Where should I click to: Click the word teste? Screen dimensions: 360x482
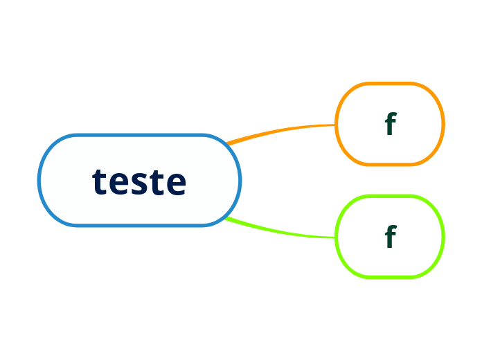point(139,181)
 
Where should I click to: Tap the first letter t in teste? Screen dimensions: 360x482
point(99,182)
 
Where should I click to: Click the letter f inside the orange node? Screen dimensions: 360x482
point(390,124)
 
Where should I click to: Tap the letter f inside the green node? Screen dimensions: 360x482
point(390,237)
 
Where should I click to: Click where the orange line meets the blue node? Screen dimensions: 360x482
point(227,143)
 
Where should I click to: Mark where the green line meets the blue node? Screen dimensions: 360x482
point(226,218)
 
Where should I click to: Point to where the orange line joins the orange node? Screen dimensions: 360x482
point(336,125)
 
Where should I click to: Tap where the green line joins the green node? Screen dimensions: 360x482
point(336,237)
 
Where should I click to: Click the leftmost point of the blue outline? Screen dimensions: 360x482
point(39,180)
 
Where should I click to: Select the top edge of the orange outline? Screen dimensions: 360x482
point(390,84)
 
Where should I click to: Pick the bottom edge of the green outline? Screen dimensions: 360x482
point(390,277)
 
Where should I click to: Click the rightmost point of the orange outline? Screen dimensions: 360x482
point(443,124)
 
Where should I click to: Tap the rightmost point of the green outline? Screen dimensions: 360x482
point(443,237)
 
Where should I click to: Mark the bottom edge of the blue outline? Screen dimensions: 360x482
point(139,224)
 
